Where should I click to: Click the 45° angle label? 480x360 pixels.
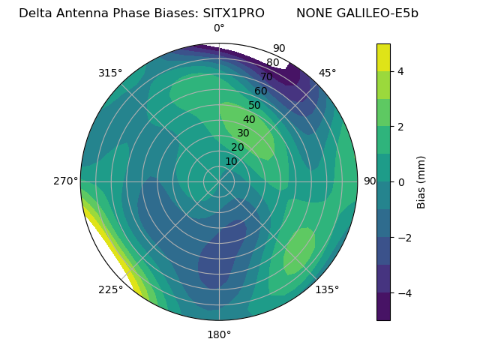pyautogui.click(x=327, y=73)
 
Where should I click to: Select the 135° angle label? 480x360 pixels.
pyautogui.click(x=327, y=289)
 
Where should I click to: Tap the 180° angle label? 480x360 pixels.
pyautogui.click(x=219, y=334)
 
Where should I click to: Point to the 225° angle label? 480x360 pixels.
pyautogui.click(x=110, y=289)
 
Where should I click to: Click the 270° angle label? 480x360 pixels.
pyautogui.click(x=66, y=181)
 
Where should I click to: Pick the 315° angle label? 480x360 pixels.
pyautogui.click(x=110, y=73)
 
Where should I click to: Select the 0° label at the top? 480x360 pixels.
pyautogui.click(x=219, y=28)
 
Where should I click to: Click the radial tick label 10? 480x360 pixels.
pyautogui.click(x=232, y=161)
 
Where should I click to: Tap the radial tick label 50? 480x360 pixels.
pyautogui.click(x=255, y=106)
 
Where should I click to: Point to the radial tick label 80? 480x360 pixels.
pyautogui.click(x=273, y=63)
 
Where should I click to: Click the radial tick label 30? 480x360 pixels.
pyautogui.click(x=244, y=133)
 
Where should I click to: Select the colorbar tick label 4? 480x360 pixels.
pyautogui.click(x=400, y=71)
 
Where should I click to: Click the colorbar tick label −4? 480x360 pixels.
pyautogui.click(x=403, y=292)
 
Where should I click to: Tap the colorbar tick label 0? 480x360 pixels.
pyautogui.click(x=400, y=181)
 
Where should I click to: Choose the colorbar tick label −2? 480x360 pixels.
pyautogui.click(x=403, y=237)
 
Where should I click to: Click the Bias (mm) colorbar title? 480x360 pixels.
pyautogui.click(x=421, y=181)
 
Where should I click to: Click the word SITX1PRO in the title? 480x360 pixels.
pyautogui.click(x=233, y=13)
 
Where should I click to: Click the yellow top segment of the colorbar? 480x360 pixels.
pyautogui.click(x=383, y=57)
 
